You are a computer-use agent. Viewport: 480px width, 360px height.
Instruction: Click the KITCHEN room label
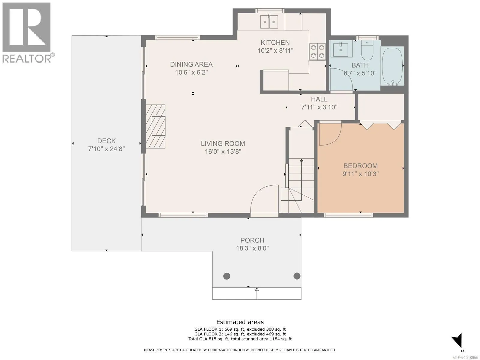[x=275, y=42]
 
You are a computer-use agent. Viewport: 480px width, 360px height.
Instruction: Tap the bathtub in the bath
[x=392, y=66]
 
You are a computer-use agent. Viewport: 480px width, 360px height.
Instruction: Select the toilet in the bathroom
[x=367, y=50]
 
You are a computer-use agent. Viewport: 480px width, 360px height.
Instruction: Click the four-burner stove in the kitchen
[x=317, y=52]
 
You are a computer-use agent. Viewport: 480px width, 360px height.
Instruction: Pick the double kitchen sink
[x=269, y=22]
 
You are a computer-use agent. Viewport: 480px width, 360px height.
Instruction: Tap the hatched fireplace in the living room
[x=155, y=127]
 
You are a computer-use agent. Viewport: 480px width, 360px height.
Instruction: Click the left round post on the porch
[x=226, y=276]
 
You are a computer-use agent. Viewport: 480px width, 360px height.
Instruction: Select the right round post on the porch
[x=297, y=276]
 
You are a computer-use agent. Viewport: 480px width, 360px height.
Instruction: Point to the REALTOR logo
[x=27, y=33]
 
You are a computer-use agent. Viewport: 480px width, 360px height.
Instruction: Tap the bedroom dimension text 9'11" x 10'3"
[x=361, y=174]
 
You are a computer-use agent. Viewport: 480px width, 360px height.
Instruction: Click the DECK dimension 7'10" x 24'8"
[x=106, y=149]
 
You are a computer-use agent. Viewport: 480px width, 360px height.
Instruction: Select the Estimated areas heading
[x=240, y=322]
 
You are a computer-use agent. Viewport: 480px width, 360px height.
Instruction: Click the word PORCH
[x=252, y=240]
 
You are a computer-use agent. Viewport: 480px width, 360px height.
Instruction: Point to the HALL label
[x=319, y=99]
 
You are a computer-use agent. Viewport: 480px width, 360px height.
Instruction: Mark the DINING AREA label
[x=191, y=64]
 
